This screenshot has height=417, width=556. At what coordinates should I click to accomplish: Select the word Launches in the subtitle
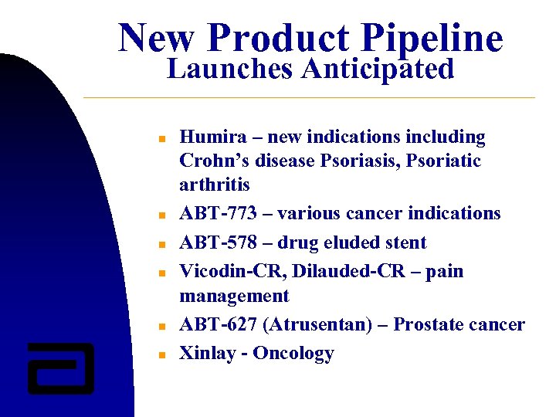[230, 69]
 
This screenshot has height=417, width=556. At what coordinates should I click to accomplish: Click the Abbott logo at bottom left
[60, 368]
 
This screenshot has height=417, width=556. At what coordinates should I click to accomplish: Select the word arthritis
[215, 185]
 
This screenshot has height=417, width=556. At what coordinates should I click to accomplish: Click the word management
[234, 297]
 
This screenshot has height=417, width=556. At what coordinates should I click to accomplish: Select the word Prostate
[428, 325]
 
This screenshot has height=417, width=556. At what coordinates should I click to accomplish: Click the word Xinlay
[208, 354]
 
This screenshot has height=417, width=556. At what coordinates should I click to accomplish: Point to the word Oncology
[293, 354]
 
